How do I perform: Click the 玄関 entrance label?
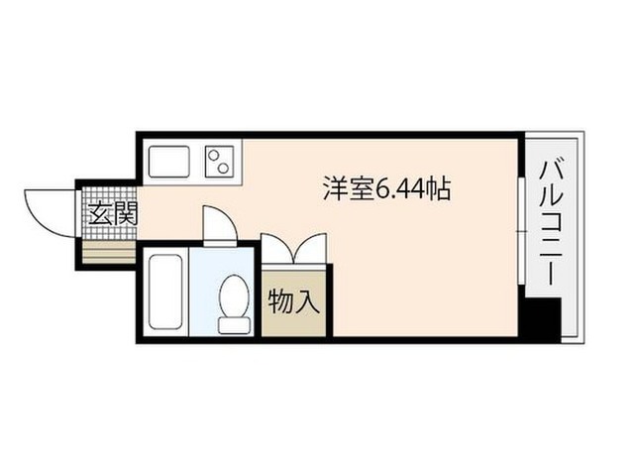click(113, 213)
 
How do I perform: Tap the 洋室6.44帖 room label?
click(386, 189)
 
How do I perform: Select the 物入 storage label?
click(294, 301)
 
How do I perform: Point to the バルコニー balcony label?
click(551, 223)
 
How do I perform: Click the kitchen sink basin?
click(169, 162)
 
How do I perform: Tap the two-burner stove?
click(220, 162)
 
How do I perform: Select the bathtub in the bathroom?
click(165, 292)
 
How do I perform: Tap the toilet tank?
click(234, 325)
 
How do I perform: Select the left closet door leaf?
click(277, 248)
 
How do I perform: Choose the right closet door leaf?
click(310, 248)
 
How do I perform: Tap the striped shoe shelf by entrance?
click(109, 252)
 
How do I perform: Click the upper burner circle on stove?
click(213, 155)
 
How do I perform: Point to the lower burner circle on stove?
click(223, 168)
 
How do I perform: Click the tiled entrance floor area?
click(110, 213)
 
